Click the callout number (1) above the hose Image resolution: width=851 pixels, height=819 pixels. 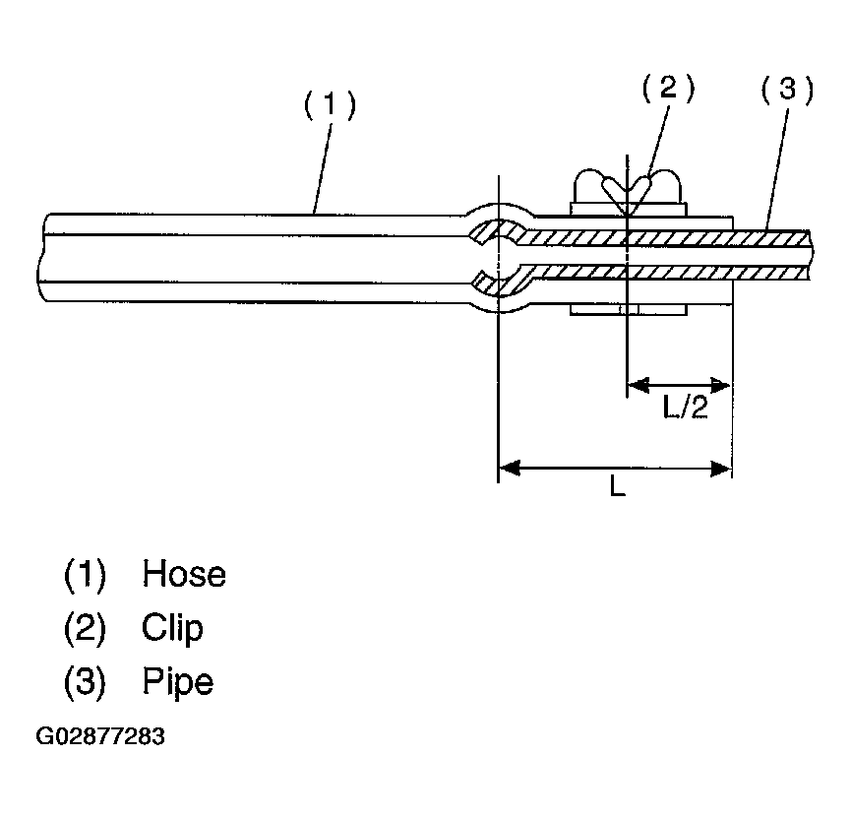tap(329, 105)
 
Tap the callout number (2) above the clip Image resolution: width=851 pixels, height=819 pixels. tap(668, 89)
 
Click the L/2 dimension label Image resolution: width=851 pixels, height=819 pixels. tap(686, 408)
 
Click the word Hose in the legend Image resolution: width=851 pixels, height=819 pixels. tap(184, 574)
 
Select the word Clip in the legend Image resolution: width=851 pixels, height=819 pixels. tap(172, 628)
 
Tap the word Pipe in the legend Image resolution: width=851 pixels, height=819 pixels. tap(177, 681)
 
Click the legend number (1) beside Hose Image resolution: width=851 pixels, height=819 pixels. tap(85, 574)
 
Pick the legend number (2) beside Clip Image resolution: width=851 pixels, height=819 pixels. tap(85, 628)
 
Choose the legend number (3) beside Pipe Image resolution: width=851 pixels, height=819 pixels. tap(85, 681)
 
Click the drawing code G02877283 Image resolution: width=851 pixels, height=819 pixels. tap(100, 736)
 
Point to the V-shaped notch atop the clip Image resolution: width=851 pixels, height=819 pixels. tap(627, 193)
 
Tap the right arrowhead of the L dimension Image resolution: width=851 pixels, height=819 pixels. tap(722, 468)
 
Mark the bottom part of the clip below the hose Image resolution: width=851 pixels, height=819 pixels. tap(627, 311)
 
